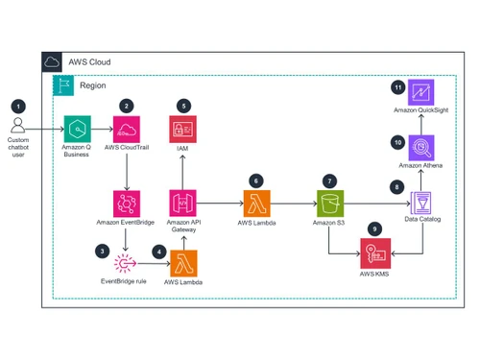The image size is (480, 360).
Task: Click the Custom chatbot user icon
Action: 18,128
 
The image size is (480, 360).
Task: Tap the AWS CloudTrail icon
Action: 128,128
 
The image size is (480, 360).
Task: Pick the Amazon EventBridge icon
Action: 128,203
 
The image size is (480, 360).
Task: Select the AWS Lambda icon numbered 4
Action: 182,264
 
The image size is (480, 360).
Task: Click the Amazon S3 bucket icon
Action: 329,203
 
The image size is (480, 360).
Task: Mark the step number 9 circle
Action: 375,229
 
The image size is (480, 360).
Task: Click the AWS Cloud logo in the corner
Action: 52,62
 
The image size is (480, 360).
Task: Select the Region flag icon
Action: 64,84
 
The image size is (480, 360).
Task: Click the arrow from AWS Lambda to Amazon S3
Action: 293,203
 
